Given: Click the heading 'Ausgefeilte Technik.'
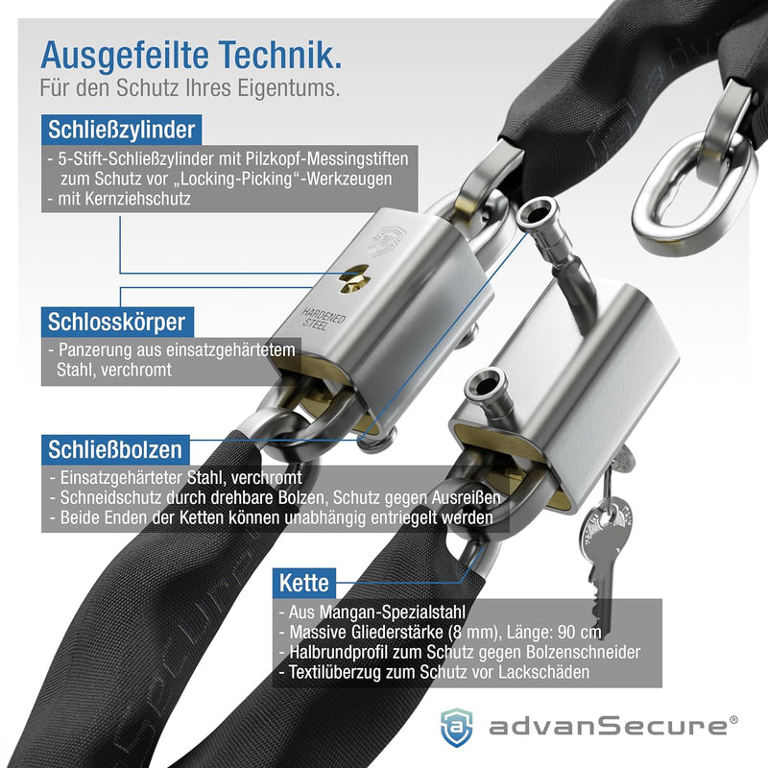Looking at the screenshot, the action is [191, 56].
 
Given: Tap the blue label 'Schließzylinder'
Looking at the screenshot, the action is [122, 130].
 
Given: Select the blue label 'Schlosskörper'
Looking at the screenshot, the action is [117, 322].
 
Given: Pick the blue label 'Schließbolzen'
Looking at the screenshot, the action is [115, 449].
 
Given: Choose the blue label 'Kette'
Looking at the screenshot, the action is [304, 583].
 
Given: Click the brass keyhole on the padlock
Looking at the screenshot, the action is [353, 279].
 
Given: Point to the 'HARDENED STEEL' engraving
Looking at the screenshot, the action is [322, 320].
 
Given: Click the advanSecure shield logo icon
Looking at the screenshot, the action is [457, 728].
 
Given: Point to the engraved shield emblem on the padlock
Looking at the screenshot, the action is [387, 240].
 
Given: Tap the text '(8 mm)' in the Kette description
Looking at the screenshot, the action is [471, 633].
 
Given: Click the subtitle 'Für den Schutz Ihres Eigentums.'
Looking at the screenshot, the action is [189, 88].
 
